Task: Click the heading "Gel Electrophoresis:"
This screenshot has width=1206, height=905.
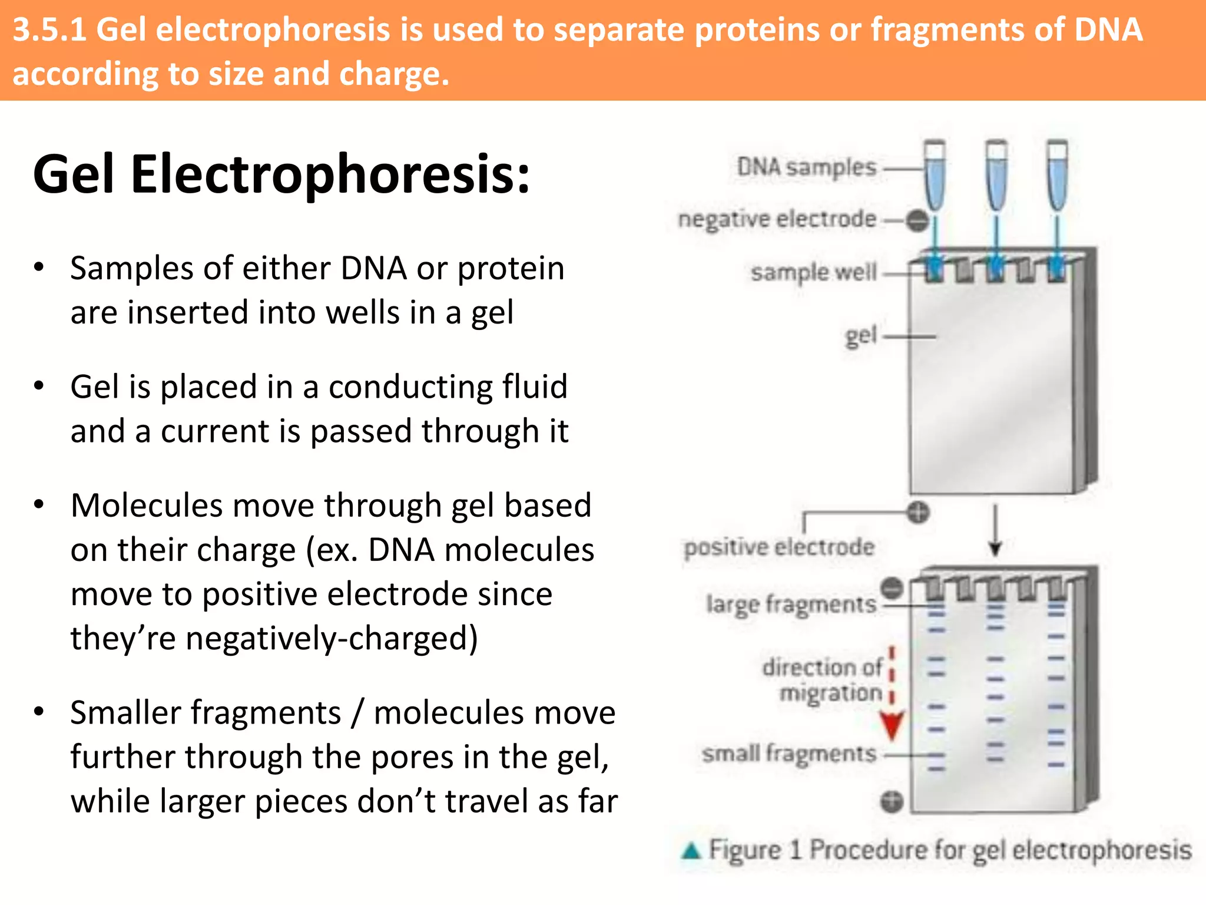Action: point(281,174)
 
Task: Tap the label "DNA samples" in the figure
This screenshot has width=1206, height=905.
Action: point(806,167)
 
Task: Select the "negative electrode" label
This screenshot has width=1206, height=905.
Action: point(777,219)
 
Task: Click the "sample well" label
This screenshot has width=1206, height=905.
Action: point(813,272)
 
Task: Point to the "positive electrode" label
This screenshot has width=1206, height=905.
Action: point(778,547)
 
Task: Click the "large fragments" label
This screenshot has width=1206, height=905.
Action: point(791,605)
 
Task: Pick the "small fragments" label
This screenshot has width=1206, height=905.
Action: point(788,754)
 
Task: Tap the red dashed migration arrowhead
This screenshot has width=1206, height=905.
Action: point(892,725)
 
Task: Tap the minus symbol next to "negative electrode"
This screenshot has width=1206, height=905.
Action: point(917,221)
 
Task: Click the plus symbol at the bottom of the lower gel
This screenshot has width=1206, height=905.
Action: point(892,802)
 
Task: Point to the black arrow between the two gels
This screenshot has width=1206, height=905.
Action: point(995,530)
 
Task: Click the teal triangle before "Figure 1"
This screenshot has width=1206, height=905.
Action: point(691,851)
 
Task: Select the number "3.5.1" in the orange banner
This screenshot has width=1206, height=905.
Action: point(49,29)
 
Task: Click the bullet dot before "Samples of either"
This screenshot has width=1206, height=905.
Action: point(39,267)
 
